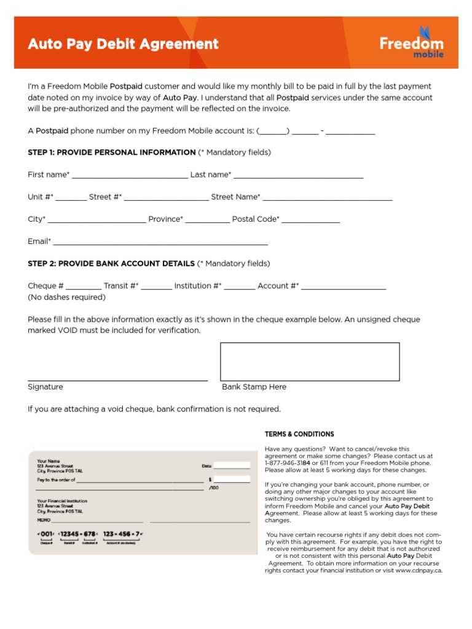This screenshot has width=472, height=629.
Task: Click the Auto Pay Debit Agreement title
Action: tap(123, 44)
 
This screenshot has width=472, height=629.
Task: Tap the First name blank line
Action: tap(130, 176)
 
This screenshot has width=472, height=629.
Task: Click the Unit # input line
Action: tap(71, 198)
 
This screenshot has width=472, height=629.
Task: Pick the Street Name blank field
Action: tap(327, 198)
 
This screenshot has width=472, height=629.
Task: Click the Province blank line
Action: tap(207, 221)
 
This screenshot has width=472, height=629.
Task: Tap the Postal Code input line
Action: tap(310, 221)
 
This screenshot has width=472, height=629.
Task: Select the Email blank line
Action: tap(160, 243)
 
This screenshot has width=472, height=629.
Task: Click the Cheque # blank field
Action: tap(84, 287)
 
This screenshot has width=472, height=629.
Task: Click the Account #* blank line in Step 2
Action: tap(344, 287)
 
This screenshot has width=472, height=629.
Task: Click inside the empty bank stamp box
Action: tap(310, 362)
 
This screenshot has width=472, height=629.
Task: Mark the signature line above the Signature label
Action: tap(117, 380)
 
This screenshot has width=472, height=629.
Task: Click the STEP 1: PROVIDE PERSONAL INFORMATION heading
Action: tap(112, 152)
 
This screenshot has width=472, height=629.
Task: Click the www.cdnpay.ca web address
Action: tap(419, 570)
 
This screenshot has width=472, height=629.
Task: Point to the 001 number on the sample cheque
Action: tap(46, 534)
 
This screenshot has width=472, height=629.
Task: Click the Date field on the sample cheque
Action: tap(231, 466)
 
